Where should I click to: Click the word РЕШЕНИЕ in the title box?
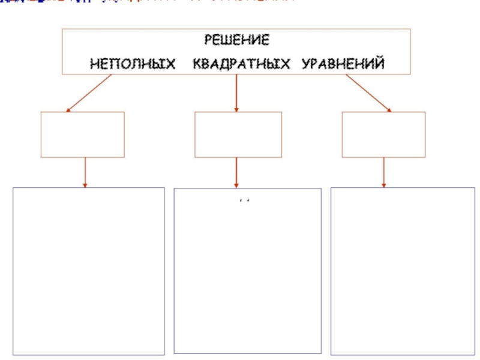[236, 40]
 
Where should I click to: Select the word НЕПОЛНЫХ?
[133, 63]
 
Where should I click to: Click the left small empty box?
[82, 134]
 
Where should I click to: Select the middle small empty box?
[238, 134]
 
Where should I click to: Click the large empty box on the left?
[88, 271]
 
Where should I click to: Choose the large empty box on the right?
[398, 271]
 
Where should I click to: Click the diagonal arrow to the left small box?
[89, 93]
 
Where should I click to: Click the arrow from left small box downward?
[85, 172]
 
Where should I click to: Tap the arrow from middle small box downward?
[236, 172]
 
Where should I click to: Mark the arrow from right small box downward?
[384, 172]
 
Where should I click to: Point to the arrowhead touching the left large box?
[85, 185]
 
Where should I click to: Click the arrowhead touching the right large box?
[384, 185]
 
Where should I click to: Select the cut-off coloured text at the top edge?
[150, 2]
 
